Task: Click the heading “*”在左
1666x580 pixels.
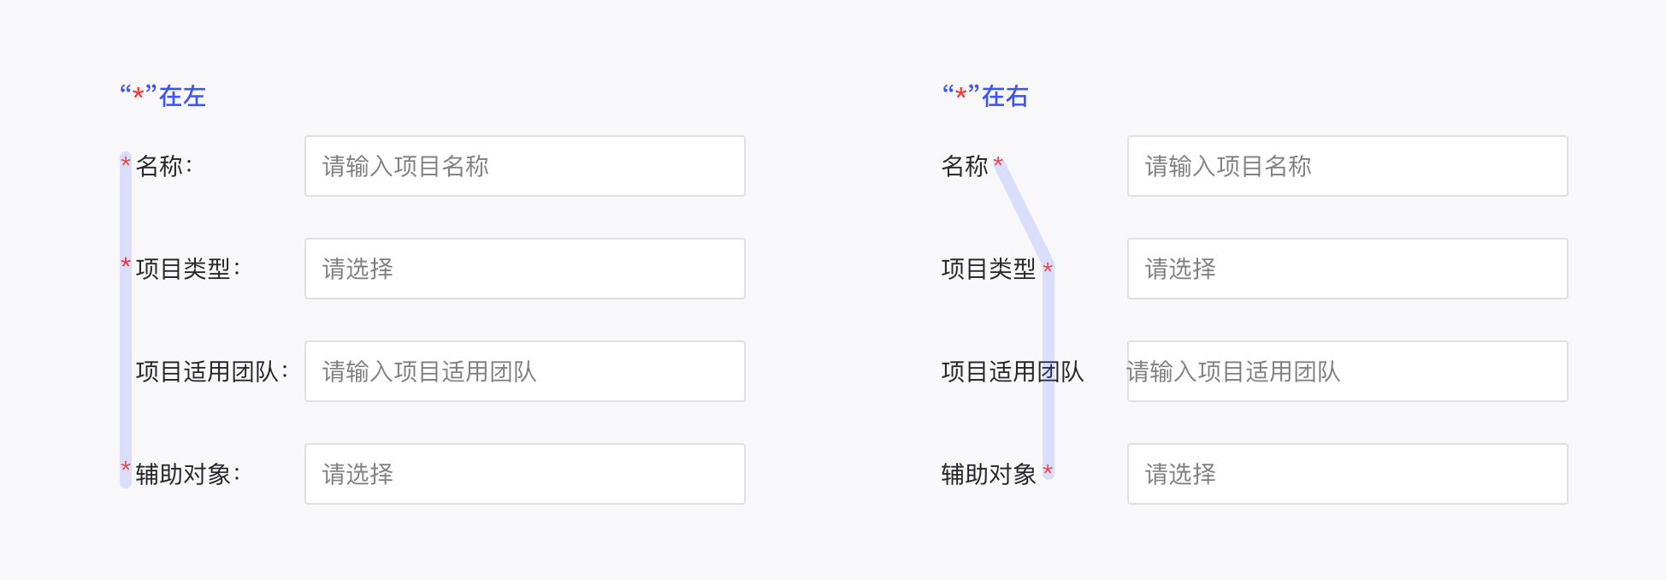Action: click(162, 96)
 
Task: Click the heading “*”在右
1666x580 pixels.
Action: click(985, 96)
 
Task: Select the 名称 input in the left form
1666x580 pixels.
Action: click(524, 166)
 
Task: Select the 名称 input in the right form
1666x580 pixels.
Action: click(1347, 166)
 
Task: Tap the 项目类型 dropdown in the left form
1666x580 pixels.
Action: click(524, 269)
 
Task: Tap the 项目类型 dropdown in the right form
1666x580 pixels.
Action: click(1347, 269)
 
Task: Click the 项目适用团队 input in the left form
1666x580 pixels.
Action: click(524, 371)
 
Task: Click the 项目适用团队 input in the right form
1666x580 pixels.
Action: click(1347, 371)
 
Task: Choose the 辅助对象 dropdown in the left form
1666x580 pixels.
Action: click(524, 474)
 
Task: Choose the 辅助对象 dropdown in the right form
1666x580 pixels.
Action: click(1347, 474)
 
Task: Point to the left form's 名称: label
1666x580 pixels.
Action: click(163, 166)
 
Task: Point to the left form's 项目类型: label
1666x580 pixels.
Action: click(187, 269)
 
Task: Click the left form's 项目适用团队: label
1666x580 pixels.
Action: click(211, 371)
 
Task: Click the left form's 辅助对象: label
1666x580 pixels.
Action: click(187, 474)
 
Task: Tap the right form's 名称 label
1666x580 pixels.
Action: click(965, 166)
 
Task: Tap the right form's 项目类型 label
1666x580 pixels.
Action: click(989, 269)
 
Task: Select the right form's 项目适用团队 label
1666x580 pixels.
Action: click(1013, 371)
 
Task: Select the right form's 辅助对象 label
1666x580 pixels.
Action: click(989, 474)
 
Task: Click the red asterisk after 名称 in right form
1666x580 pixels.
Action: click(998, 162)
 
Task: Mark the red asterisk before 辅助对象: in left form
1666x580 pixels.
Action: click(126, 467)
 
